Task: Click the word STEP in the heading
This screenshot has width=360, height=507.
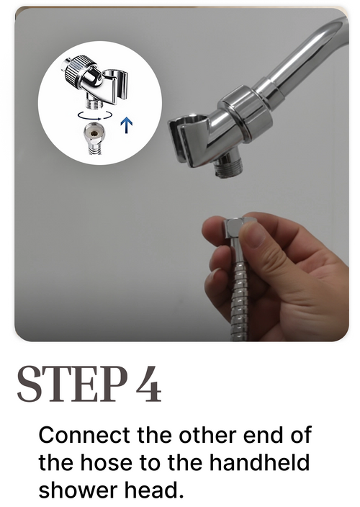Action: pyautogui.click(x=72, y=384)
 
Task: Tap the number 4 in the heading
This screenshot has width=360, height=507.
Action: pyautogui.click(x=148, y=384)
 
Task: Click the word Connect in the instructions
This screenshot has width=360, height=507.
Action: pyautogui.click(x=84, y=435)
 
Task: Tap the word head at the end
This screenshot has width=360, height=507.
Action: pyautogui.click(x=154, y=490)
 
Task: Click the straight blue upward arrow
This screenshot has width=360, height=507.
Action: pyautogui.click(x=127, y=126)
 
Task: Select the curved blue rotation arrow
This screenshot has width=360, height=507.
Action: pyautogui.click(x=95, y=115)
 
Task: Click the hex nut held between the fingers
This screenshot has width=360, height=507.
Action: pyautogui.click(x=239, y=228)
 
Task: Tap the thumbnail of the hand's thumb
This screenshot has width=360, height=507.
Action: pyautogui.click(x=256, y=235)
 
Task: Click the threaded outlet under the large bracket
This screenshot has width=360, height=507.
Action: pyautogui.click(x=228, y=165)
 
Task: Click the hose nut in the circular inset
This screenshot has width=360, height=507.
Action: pyautogui.click(x=94, y=133)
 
